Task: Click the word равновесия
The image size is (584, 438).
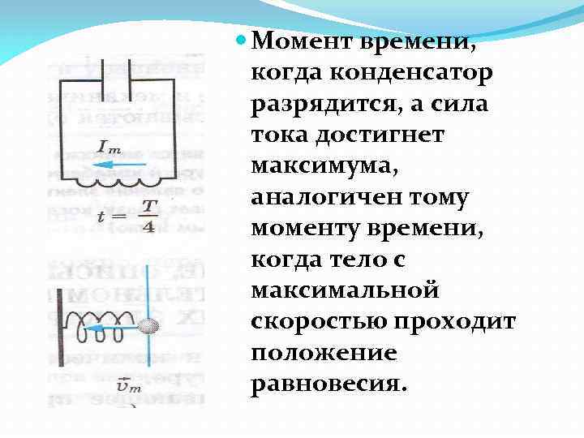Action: (x=326, y=384)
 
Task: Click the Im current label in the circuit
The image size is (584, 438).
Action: (x=110, y=147)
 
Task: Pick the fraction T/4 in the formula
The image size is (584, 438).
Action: (x=147, y=216)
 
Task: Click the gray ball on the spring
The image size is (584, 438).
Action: (x=148, y=328)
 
